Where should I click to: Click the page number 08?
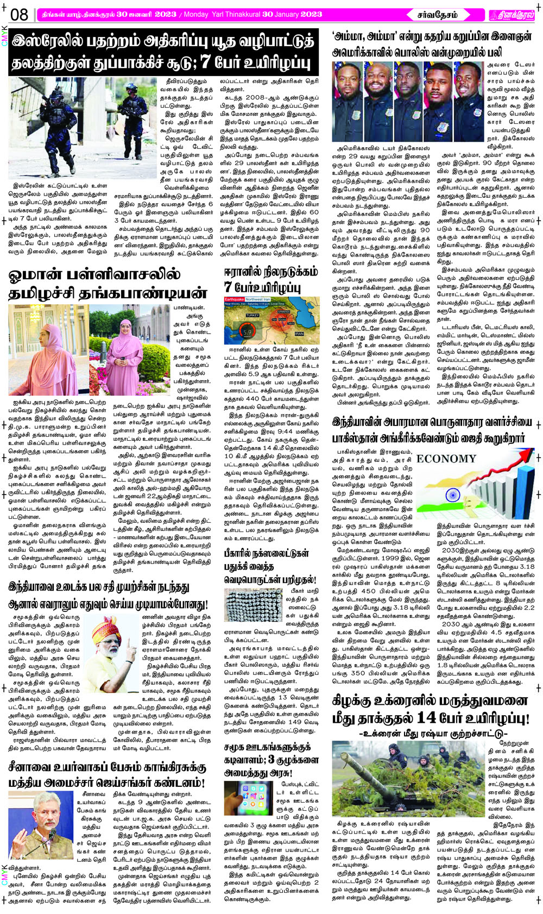(19, 14)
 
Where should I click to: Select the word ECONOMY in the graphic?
(446, 459)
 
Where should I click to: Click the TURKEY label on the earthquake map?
(252, 315)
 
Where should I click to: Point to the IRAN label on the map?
(299, 333)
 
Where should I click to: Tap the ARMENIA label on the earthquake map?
(283, 312)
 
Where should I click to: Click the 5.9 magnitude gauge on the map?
(248, 331)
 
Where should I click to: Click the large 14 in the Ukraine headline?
(427, 717)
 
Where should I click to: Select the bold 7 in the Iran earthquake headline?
(228, 286)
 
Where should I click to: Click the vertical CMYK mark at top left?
(4, 36)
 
